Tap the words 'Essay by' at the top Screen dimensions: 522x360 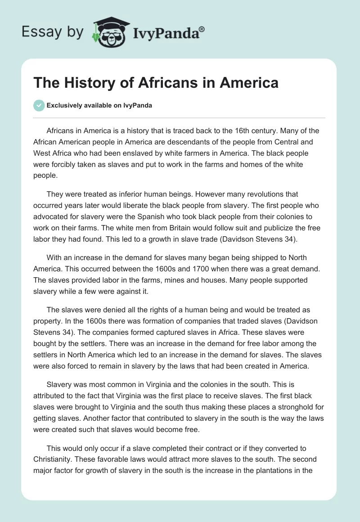[x=53, y=32]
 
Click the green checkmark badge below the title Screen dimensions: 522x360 [x=39, y=105]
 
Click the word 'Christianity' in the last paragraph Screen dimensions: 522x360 [x=54, y=460]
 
